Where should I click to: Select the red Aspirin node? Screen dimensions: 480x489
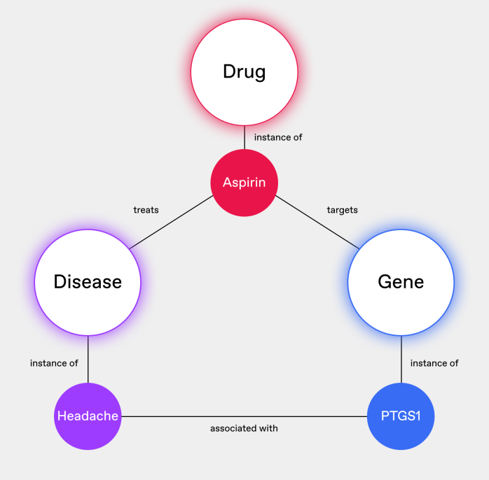pos(244,183)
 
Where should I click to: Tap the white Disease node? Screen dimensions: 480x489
pos(88,282)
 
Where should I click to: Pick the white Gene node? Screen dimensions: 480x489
pos(401,282)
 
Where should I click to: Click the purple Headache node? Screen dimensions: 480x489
pos(88,416)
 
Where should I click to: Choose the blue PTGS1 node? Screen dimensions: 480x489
pos(401,416)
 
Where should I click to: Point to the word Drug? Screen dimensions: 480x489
pos(245,71)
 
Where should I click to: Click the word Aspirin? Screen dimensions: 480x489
pos(244,183)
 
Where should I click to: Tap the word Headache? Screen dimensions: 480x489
pos(88,416)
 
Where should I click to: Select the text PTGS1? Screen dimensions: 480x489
pos(401,416)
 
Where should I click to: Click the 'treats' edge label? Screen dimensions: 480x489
pos(146,210)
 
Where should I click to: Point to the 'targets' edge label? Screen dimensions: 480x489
pos(342,210)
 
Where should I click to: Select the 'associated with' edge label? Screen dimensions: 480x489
pos(244,428)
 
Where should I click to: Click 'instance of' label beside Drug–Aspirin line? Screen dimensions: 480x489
pos(278,137)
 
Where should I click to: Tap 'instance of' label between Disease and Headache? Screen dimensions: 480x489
pos(54,363)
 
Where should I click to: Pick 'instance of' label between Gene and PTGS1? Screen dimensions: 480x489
pos(434,363)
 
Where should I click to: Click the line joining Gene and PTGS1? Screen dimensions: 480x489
pos(401,360)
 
